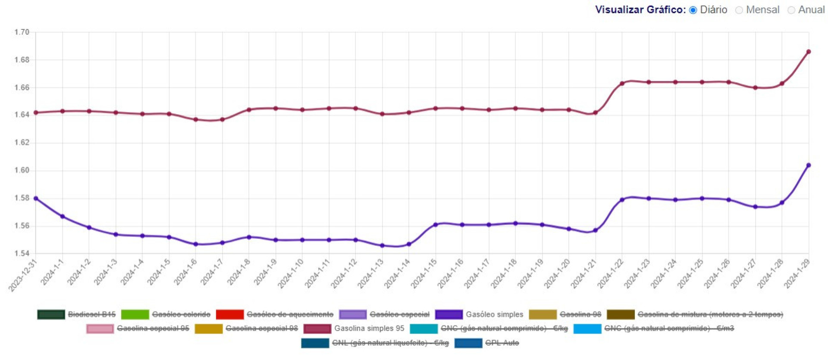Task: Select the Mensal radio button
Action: [739, 10]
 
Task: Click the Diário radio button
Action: [693, 10]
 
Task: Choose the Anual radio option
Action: [791, 10]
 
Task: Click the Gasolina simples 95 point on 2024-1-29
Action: [809, 52]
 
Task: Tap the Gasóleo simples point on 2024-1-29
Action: [809, 165]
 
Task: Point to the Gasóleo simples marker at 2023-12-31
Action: [36, 198]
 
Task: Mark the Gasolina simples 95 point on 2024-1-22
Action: [622, 83]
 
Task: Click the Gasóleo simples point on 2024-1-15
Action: [436, 225]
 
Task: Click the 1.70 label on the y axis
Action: [22, 32]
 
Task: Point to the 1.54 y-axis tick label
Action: [22, 254]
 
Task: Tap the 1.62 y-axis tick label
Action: [22, 143]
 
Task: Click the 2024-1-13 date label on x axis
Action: [371, 274]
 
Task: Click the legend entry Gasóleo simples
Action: [494, 315]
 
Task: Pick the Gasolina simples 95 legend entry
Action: [369, 329]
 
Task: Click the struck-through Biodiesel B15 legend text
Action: [91, 315]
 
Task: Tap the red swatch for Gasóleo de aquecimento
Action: [229, 315]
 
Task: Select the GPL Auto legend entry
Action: [502, 343]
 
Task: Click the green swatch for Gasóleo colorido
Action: [135, 315]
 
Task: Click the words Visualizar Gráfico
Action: [640, 10]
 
